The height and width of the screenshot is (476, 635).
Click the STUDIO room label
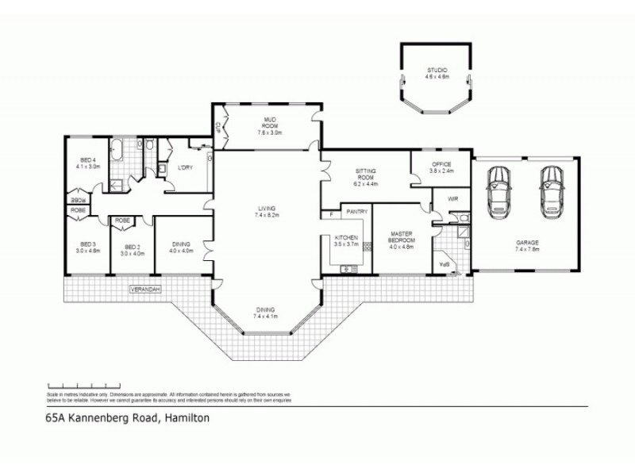pyautogui.click(x=437, y=70)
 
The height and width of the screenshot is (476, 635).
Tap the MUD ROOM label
pyautogui.click(x=269, y=122)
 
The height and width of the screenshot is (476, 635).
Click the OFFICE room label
pyautogui.click(x=441, y=163)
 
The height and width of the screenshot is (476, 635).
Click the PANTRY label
pyautogui.click(x=356, y=212)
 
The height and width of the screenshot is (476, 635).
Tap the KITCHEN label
pyautogui.click(x=347, y=238)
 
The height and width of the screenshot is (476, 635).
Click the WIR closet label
pyautogui.click(x=453, y=199)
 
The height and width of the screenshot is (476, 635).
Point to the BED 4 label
pyautogui.click(x=87, y=161)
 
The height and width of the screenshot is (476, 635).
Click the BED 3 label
pyautogui.click(x=87, y=244)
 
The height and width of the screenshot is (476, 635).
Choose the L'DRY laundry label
pyautogui.click(x=187, y=167)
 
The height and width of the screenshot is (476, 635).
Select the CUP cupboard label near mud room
pyautogui.click(x=217, y=127)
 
